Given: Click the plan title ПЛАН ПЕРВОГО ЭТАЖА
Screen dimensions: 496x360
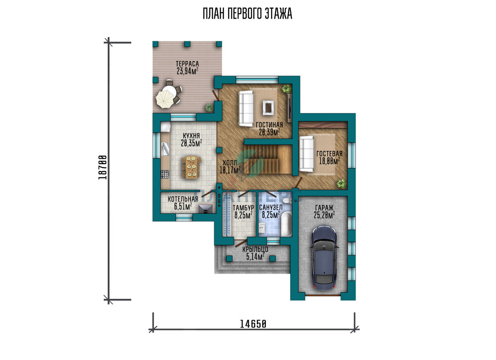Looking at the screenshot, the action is pos(248,14).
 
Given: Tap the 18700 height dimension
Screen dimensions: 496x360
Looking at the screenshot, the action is pos(102,167).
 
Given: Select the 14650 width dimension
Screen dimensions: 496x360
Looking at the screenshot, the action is pos(253,324).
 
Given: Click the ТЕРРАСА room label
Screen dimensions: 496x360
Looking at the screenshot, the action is pos(187,64).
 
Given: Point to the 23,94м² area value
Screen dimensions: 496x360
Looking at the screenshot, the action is pos(187,71).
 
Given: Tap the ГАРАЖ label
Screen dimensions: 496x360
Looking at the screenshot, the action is pos(324,208).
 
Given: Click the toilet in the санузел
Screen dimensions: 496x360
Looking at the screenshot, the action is pos(287,201).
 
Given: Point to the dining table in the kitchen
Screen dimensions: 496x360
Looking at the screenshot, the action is pos(191,167).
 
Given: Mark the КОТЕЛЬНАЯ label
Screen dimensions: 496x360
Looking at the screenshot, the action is pos(183,199).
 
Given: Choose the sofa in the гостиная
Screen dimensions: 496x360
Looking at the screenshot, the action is pos(246,109).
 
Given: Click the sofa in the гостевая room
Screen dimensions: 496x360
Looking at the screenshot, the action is pos(306,154).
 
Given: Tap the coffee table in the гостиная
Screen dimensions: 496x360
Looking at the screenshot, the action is pos(269,107).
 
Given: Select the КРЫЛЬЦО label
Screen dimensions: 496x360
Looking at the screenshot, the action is pos(255,249).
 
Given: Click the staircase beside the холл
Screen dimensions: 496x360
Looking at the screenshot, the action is pos(268,159).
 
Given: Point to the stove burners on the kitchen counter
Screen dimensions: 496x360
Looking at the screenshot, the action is pos(165,174).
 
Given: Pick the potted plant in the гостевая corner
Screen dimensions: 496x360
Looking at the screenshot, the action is pos(341,184).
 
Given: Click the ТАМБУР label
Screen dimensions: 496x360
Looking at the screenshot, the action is pos(243,208).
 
